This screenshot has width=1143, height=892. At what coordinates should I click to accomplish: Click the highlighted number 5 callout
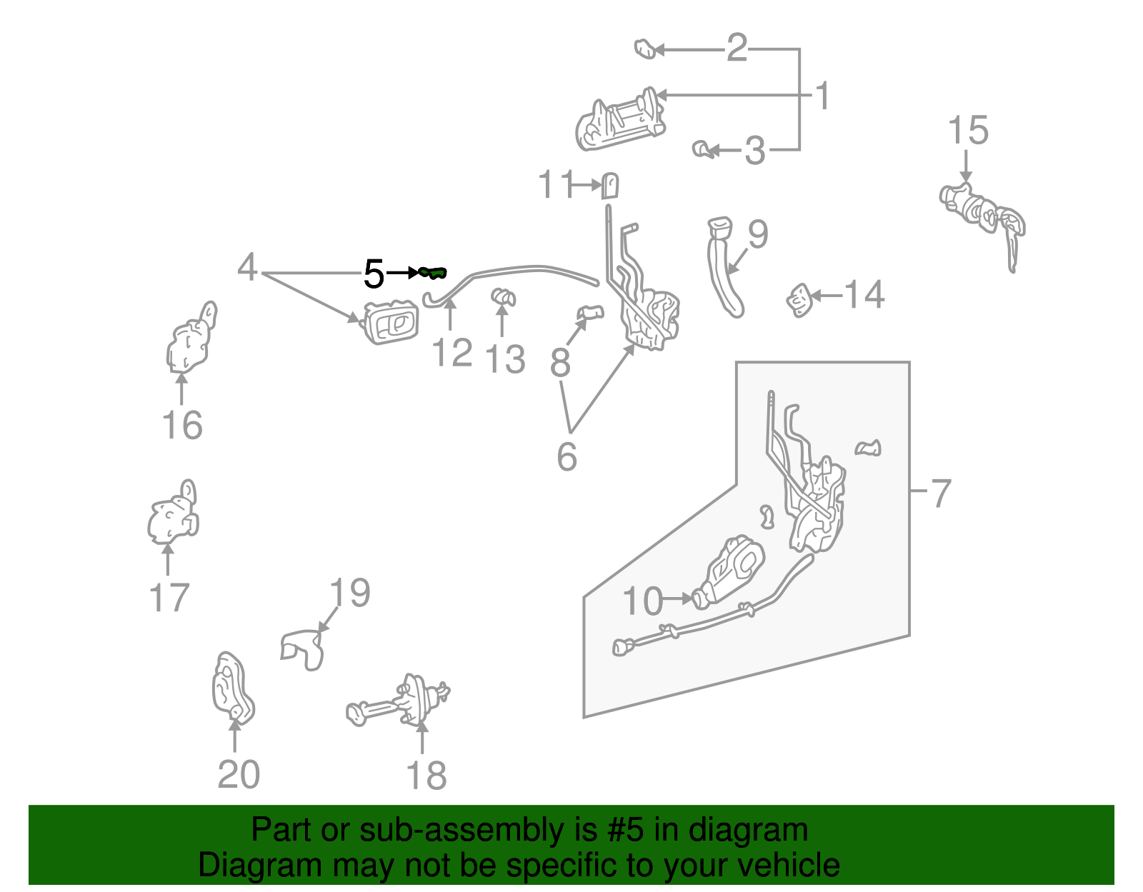click(374, 274)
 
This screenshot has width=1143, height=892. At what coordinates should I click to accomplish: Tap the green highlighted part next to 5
click(433, 272)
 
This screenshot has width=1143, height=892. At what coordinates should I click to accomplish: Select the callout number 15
click(967, 131)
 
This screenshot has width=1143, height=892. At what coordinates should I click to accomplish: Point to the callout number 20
click(238, 775)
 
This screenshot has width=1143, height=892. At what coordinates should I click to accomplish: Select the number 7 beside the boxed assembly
click(942, 493)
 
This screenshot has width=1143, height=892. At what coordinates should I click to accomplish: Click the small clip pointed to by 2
click(645, 49)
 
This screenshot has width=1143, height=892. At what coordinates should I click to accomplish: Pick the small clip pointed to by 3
click(702, 149)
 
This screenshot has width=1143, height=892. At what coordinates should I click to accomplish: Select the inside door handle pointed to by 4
click(390, 324)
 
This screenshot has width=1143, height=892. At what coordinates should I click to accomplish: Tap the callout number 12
click(452, 353)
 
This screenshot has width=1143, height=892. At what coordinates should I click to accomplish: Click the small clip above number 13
click(503, 297)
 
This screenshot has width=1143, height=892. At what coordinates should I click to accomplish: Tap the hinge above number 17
click(173, 516)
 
